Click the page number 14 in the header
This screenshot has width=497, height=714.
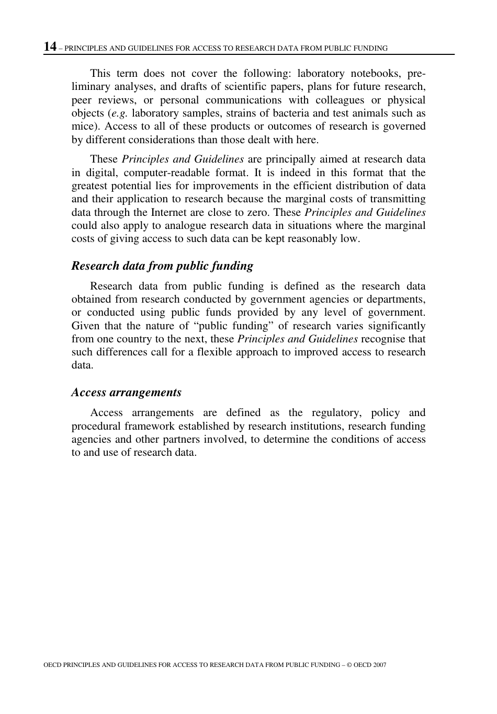coord(50,47)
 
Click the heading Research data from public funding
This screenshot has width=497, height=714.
coord(162,266)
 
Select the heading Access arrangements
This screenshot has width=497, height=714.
coord(127,393)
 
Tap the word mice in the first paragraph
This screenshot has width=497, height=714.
coord(81,126)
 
